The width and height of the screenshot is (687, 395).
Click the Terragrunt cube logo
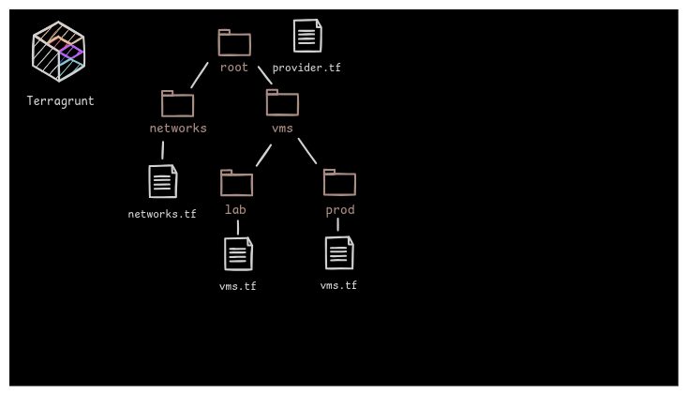(x=58, y=52)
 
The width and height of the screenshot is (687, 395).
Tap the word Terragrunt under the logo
(x=60, y=101)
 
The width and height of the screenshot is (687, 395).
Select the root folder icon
(x=234, y=43)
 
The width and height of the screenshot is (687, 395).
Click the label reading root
(x=234, y=68)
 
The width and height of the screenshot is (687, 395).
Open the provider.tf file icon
(x=307, y=36)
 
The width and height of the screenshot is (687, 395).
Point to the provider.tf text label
(x=306, y=68)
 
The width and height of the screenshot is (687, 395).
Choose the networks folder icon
(x=177, y=104)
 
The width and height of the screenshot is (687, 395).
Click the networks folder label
(x=178, y=129)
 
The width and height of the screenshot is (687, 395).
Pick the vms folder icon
(x=282, y=103)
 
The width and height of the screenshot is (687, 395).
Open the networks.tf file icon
(x=163, y=181)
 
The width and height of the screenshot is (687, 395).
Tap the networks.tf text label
(x=162, y=215)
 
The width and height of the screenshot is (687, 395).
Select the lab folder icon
(x=236, y=183)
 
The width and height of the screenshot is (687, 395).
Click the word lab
(x=235, y=210)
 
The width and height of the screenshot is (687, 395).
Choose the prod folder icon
(x=339, y=183)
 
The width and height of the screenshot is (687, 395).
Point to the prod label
(x=340, y=210)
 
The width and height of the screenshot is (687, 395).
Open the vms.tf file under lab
(x=238, y=253)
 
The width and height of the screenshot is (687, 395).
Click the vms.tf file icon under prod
(x=339, y=252)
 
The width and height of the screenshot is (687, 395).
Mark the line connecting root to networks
(x=200, y=75)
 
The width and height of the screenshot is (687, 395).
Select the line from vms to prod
(x=307, y=151)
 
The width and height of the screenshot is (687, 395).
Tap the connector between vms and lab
(x=263, y=156)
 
